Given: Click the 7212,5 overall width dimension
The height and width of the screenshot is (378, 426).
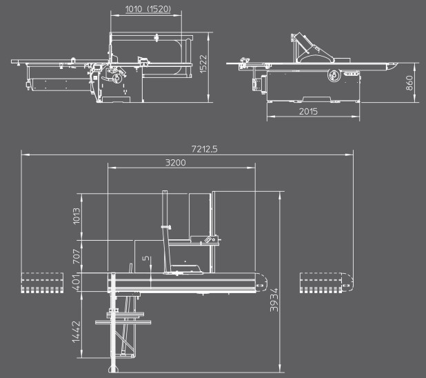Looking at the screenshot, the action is (204, 149).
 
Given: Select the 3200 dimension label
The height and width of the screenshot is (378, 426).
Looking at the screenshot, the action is (176, 163).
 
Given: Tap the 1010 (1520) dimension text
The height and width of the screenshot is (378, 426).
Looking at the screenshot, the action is (148, 9).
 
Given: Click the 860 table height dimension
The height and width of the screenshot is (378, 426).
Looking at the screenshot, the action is (409, 83).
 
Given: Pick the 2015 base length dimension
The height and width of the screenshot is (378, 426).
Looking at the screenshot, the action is (308, 111).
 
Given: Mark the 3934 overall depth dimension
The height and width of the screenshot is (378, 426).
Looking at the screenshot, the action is (274, 300).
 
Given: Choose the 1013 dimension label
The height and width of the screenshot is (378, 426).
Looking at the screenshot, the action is (77, 216).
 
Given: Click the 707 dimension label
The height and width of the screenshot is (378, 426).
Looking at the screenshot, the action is (77, 257).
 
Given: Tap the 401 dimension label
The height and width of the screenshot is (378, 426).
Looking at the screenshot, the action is (77, 283).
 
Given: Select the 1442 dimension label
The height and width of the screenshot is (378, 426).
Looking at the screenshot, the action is (77, 332).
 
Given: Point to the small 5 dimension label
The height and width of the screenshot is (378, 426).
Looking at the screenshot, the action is (146, 258).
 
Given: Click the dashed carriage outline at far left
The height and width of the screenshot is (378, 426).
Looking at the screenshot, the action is (42, 283).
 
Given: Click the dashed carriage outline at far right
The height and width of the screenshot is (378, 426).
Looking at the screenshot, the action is (327, 283).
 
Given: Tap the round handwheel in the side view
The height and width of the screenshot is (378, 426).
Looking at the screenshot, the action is (334, 74).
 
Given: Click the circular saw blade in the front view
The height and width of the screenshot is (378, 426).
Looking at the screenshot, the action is (118, 79).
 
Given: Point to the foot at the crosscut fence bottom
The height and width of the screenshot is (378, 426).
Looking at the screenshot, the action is (114, 369).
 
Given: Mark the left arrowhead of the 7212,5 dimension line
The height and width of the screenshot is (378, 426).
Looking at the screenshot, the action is (25, 155).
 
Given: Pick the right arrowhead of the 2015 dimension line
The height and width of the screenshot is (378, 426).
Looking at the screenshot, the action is (356, 117).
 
